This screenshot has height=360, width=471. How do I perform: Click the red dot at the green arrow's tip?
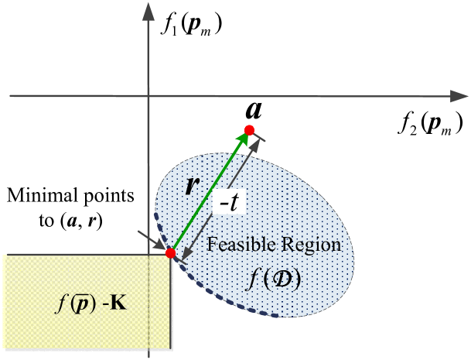(249, 129)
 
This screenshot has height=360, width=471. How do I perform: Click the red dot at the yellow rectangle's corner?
(170, 252)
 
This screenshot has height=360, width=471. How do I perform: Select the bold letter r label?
(191, 185)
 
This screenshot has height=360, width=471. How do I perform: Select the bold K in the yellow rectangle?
(119, 297)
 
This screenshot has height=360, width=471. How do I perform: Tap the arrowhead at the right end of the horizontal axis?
(455, 96)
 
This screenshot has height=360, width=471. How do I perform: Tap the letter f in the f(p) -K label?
(60, 297)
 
